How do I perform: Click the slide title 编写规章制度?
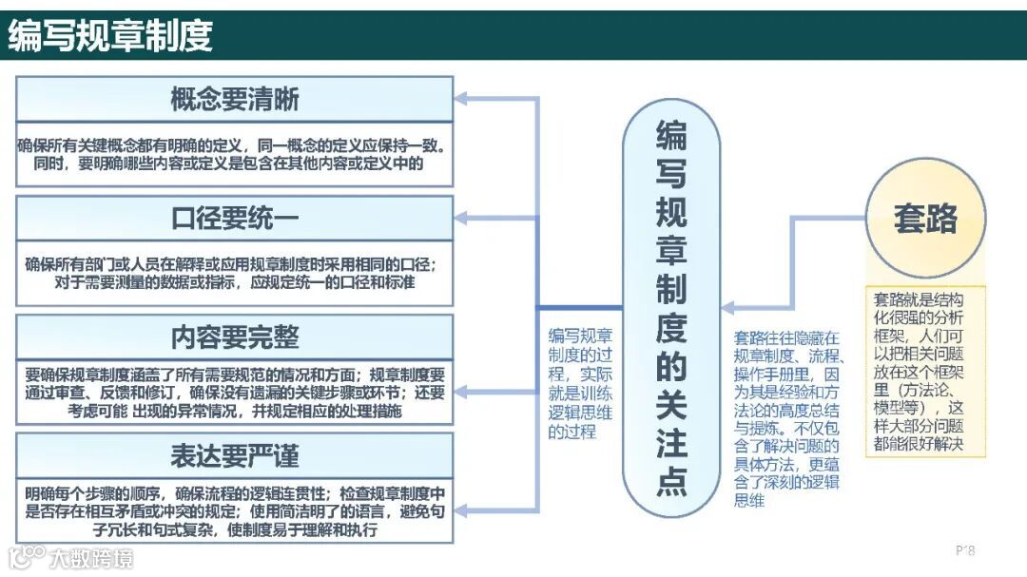[x=110, y=36]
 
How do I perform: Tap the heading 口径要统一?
[x=235, y=219]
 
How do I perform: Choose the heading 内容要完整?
[x=235, y=337]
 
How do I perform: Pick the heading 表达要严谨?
[x=235, y=456]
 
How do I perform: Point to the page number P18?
[x=964, y=550]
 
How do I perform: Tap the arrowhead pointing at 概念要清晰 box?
[x=461, y=99]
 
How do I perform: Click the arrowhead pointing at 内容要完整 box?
[x=461, y=389]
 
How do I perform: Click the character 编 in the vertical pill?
[x=670, y=137]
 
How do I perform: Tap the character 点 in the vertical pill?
[x=670, y=482]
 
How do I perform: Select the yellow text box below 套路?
[x=925, y=372]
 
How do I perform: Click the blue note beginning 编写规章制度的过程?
[x=580, y=382]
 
